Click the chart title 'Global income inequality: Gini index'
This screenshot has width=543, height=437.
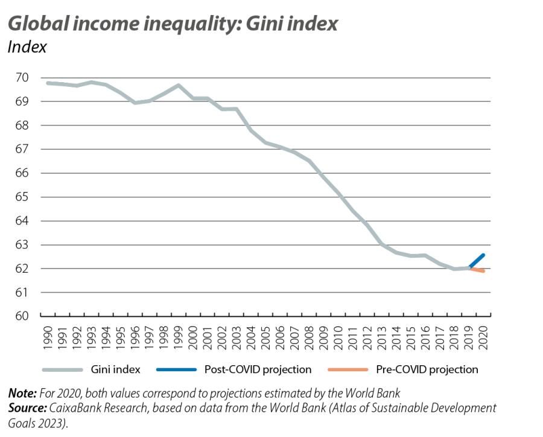(173, 23)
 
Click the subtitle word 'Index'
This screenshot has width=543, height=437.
(27, 47)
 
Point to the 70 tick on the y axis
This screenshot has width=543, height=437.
(22, 78)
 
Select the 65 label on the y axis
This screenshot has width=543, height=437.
(22, 197)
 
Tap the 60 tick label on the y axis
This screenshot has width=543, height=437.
(22, 316)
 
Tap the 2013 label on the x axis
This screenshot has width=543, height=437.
(382, 338)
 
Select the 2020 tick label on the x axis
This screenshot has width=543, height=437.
(483, 338)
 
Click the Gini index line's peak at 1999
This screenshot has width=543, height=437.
(179, 85)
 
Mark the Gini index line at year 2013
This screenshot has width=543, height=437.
(382, 244)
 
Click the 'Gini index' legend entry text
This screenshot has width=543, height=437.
(115, 369)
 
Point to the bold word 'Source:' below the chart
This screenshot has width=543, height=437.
(28, 407)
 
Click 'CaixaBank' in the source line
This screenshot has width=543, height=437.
(75, 407)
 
